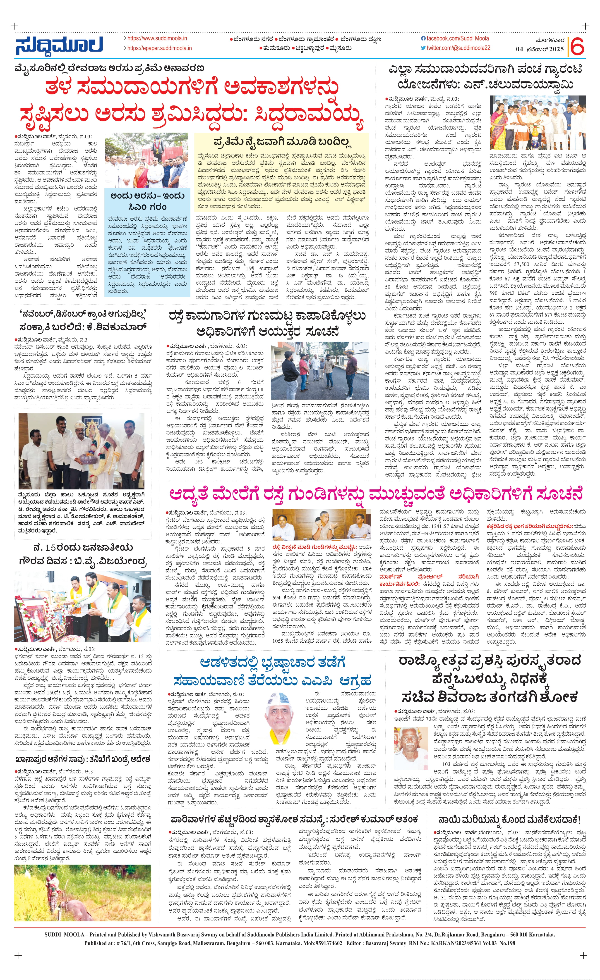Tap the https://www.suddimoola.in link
[x=157, y=38]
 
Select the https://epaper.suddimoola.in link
[x=159, y=48]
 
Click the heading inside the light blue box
[x=148, y=201]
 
